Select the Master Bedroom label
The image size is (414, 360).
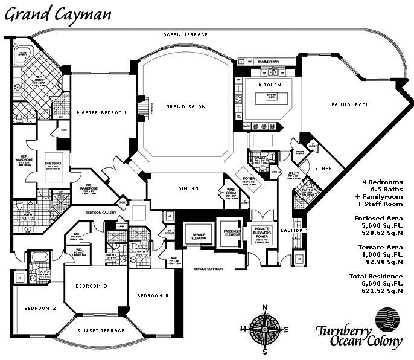point(101,113)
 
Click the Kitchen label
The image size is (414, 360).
point(266,85)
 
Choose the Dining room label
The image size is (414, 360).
point(188,188)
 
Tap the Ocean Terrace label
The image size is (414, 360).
point(185,35)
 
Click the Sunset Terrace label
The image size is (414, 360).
point(100,330)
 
